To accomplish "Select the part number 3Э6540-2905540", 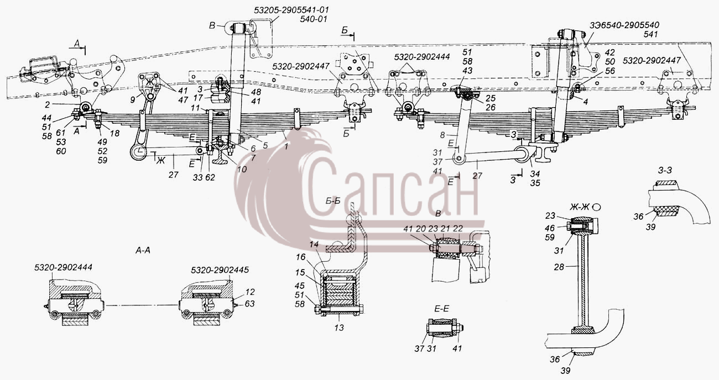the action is (624, 25).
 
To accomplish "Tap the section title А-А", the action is (143, 250).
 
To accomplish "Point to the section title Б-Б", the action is (333, 200).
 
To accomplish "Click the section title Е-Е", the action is (442, 309).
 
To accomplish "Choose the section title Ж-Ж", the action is (580, 207).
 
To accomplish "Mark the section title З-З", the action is (665, 170).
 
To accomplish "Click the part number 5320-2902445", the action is (220, 270).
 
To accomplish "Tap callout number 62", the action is (210, 177).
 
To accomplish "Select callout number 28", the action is (559, 267).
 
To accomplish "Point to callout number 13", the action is (339, 328).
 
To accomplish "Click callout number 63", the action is (250, 303).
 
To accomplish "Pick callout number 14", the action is (314, 244).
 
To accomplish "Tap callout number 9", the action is (133, 100).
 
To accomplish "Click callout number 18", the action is (114, 133).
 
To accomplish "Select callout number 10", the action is (242, 170).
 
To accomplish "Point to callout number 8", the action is (442, 135).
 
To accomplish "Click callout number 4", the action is (586, 102).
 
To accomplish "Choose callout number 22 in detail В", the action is (458, 228).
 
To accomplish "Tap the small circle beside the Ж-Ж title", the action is (597, 207).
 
